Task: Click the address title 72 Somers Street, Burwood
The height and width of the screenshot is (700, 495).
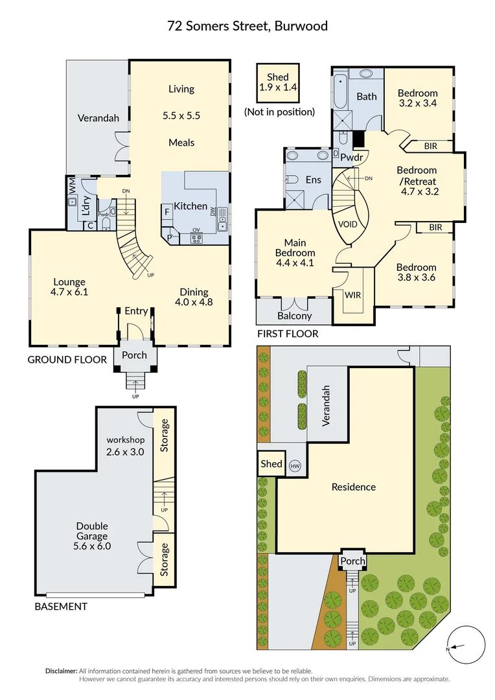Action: point(247,26)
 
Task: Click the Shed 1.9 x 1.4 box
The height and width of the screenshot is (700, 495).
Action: point(279,82)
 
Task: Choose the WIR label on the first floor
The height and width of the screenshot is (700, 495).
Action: point(353,295)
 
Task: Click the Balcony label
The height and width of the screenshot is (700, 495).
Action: point(294,316)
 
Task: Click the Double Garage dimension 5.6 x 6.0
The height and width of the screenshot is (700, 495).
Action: point(92,546)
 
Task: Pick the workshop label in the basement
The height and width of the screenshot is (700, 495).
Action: point(124,439)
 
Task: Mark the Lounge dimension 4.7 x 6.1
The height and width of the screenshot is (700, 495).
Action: point(69,292)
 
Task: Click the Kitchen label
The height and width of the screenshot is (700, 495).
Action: point(191,206)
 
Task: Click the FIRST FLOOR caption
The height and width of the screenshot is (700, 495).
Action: point(288,334)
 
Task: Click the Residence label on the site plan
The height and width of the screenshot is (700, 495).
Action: point(353,487)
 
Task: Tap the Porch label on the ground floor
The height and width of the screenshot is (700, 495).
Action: point(135,355)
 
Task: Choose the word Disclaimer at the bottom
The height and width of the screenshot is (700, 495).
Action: point(61,671)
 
